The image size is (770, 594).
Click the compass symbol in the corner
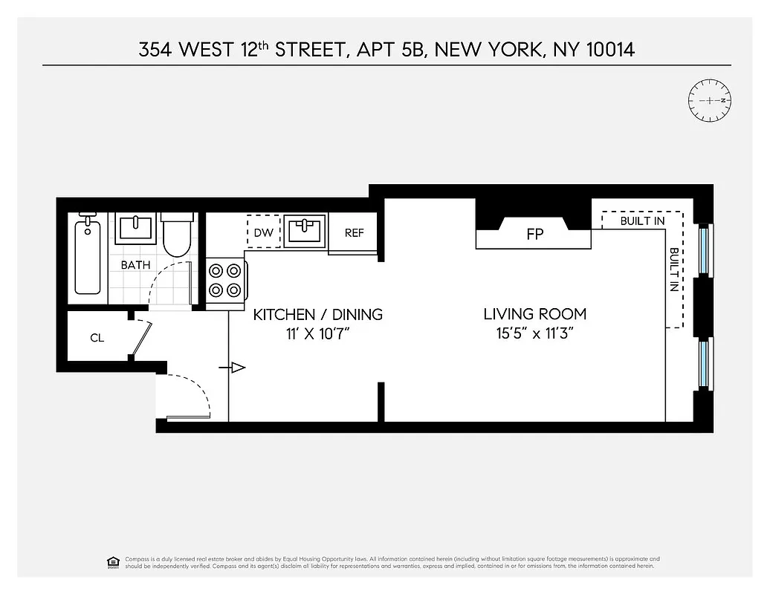click(x=711, y=99)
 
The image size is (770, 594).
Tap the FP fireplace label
click(x=534, y=235)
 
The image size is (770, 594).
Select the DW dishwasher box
click(x=263, y=232)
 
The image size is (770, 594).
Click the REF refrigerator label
click(x=355, y=232)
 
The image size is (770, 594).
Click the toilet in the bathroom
click(x=178, y=235)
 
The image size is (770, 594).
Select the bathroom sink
click(x=135, y=229)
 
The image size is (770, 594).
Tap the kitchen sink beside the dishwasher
click(x=305, y=231)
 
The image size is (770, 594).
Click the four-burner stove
click(x=225, y=280)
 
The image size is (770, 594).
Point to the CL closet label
click(x=97, y=338)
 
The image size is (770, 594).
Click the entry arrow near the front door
click(x=237, y=368)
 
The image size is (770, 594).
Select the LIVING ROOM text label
click(x=534, y=314)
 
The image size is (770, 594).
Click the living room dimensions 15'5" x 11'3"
click(x=534, y=333)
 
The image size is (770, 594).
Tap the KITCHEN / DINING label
click(x=318, y=314)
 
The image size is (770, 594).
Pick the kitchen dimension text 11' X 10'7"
click(x=318, y=333)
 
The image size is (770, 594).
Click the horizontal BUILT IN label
click(x=642, y=221)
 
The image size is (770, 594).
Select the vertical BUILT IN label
click(x=673, y=270)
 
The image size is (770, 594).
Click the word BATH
click(x=135, y=264)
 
